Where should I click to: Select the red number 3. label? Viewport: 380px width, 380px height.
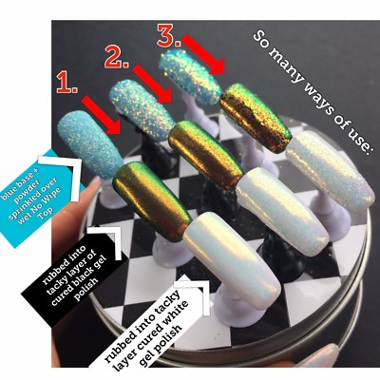click(x=168, y=39)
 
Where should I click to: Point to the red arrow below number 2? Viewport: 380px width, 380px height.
click(x=152, y=84)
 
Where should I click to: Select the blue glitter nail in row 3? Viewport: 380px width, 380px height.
click(x=191, y=71)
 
